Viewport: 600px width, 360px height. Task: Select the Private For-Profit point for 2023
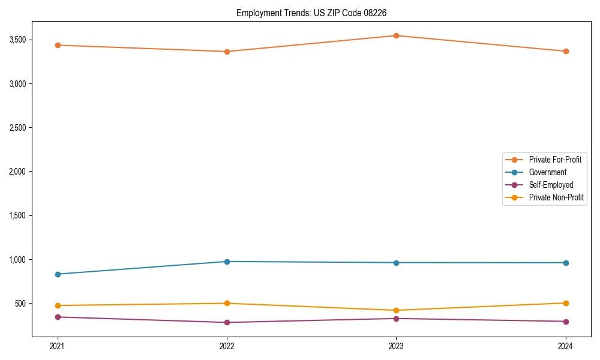point(396,36)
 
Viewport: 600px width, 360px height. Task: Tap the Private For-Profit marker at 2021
point(58,46)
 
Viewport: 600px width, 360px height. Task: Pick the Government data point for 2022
point(227,262)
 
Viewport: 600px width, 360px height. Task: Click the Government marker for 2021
point(58,274)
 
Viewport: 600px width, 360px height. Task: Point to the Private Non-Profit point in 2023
point(396,310)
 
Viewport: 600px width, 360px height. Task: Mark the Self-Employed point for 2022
point(227,322)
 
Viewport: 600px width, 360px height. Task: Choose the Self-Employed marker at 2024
point(566,322)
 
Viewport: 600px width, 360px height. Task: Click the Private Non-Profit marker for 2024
point(566,303)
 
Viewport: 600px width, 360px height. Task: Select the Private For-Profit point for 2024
point(566,52)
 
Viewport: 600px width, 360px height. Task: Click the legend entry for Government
point(547,172)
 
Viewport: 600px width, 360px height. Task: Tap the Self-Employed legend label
point(551,185)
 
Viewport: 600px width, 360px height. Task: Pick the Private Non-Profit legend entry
point(556,197)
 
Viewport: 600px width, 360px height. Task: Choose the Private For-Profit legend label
point(555,160)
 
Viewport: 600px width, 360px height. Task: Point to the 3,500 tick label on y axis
point(40,40)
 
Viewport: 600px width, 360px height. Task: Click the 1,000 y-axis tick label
point(40,260)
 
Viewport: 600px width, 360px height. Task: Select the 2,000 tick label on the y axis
point(40,172)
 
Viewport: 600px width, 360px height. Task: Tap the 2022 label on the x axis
point(227,346)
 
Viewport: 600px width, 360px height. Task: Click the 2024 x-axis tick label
point(566,346)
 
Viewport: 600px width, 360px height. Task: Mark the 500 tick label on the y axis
point(43,304)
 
